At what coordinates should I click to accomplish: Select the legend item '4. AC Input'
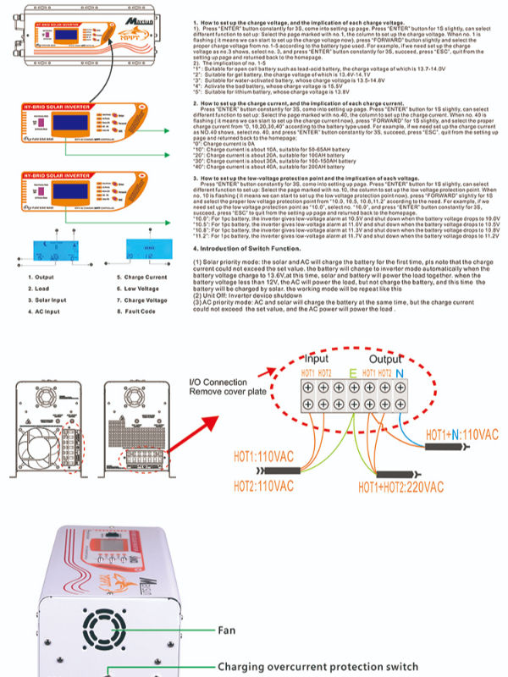pos(47,311)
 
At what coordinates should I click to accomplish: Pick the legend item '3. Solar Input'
pos(49,300)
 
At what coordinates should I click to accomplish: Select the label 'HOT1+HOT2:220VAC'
pos(400,487)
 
